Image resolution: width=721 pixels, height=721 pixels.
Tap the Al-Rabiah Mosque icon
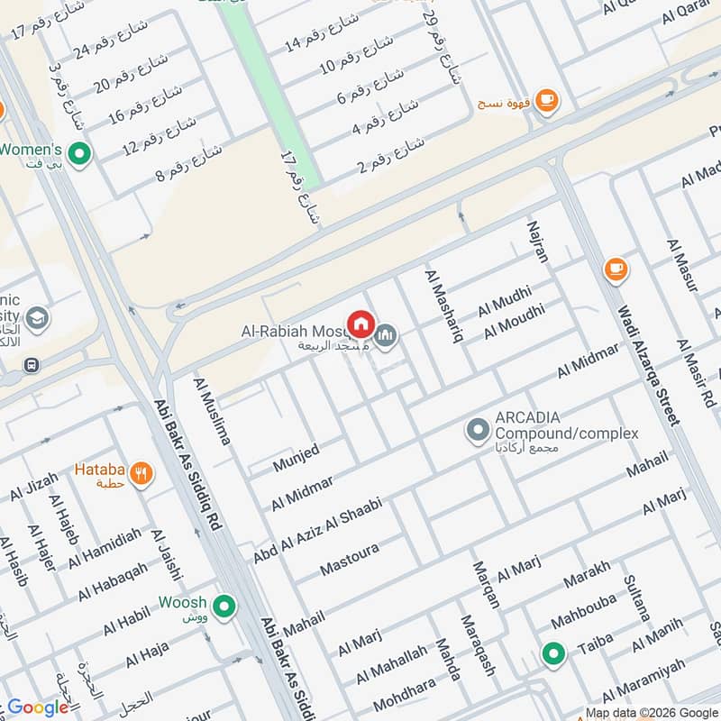(x=386, y=335)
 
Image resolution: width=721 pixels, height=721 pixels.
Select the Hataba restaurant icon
(x=141, y=472)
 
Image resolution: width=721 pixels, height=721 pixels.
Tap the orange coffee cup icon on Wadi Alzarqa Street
(x=616, y=269)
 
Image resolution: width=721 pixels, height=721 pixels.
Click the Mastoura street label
(x=350, y=560)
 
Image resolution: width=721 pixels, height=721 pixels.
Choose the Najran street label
(x=538, y=240)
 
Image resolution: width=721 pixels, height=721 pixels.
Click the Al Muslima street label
(x=212, y=412)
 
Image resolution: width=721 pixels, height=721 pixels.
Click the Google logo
(x=38, y=707)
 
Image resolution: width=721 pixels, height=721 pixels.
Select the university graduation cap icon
(x=37, y=317)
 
